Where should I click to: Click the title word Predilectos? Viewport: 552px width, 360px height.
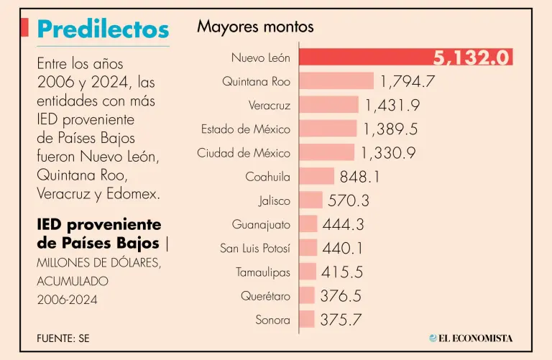(x=103, y=29)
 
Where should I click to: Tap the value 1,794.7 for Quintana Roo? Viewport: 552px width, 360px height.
(x=408, y=81)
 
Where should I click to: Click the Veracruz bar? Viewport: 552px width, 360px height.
(x=328, y=105)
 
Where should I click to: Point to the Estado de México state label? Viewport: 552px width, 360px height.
(x=246, y=129)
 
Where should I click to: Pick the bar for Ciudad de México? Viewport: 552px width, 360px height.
(x=326, y=152)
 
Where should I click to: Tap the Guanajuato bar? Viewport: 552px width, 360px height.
(x=308, y=224)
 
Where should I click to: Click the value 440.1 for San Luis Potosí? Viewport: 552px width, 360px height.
(x=343, y=248)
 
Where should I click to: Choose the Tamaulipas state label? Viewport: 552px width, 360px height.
(x=263, y=272)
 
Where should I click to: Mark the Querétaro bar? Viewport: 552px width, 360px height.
(x=307, y=295)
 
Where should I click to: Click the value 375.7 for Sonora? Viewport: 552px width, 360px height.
(x=341, y=320)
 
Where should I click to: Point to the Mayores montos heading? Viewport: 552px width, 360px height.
(x=255, y=27)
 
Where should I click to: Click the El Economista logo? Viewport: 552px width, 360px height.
(x=471, y=338)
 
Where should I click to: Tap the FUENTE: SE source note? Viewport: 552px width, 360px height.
(x=63, y=338)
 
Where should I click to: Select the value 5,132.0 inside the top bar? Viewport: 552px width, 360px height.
(x=471, y=57)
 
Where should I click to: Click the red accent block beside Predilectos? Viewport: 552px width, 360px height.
(x=25, y=27)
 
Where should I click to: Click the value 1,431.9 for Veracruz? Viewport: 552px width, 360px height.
(x=392, y=106)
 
